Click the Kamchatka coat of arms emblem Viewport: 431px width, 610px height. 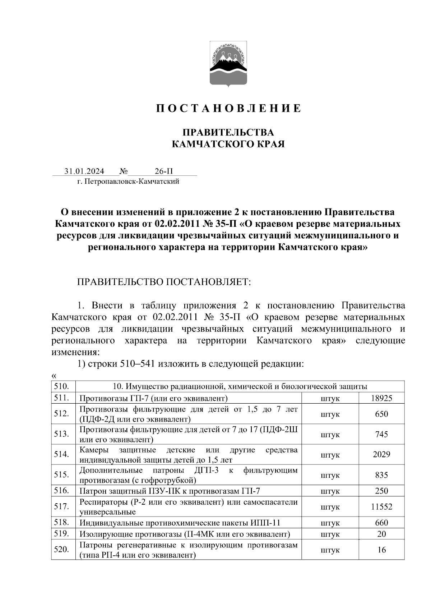(x=227, y=64)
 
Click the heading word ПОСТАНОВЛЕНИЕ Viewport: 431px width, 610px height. (x=228, y=109)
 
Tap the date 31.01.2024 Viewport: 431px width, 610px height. (x=84, y=171)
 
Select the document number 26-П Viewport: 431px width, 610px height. (x=164, y=171)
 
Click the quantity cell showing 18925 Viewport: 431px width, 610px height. (x=381, y=398)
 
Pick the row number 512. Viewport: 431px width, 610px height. (x=62, y=414)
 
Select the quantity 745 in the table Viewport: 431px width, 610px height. (x=381, y=434)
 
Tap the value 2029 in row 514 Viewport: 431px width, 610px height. (x=381, y=454)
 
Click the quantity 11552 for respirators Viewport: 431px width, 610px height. (x=381, y=507)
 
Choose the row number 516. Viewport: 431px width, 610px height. (x=62, y=491)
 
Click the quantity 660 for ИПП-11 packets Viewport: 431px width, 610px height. (x=381, y=523)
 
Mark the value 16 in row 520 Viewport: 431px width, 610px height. (x=381, y=550)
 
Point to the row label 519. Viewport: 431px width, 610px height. (x=62, y=534)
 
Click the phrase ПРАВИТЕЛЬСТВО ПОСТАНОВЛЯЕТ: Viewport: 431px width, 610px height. (x=164, y=282)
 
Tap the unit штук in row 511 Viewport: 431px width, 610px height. (x=330, y=398)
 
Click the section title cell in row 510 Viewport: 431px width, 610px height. (x=240, y=386)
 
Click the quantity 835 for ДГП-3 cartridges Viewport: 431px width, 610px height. (x=381, y=475)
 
